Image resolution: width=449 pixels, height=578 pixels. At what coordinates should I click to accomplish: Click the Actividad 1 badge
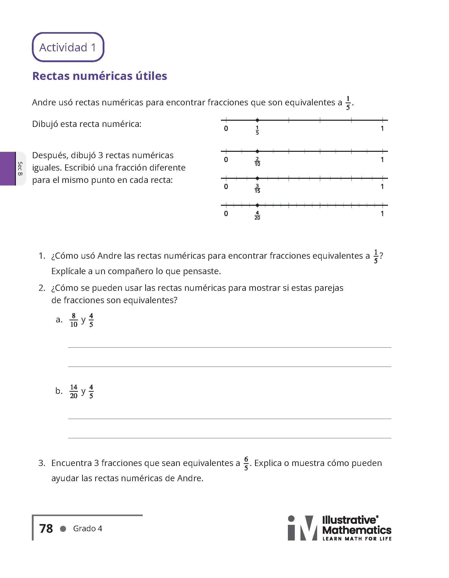click(x=68, y=47)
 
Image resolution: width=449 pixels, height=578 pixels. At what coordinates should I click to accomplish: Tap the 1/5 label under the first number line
click(x=257, y=130)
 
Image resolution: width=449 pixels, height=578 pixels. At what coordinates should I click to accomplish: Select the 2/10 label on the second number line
click(x=257, y=162)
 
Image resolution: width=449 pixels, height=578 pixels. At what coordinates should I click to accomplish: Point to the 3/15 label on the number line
click(x=257, y=189)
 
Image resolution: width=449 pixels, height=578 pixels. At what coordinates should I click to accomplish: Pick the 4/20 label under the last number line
click(x=257, y=216)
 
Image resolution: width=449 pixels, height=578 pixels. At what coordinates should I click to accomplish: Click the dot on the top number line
click(x=257, y=120)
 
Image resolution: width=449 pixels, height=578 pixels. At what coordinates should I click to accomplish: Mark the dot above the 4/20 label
click(x=257, y=205)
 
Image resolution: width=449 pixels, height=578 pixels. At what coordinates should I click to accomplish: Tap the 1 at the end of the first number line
click(x=382, y=129)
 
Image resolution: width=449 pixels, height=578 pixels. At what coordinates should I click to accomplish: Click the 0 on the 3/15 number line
click(x=226, y=187)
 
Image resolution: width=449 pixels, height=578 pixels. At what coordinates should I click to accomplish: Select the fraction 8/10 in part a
click(x=74, y=320)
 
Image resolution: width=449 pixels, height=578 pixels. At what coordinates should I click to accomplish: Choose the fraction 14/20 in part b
click(x=74, y=391)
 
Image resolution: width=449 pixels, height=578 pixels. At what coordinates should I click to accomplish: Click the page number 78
click(x=46, y=528)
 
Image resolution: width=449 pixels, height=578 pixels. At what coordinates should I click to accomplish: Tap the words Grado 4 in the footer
click(x=87, y=528)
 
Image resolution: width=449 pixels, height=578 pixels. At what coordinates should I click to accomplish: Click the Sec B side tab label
click(x=20, y=169)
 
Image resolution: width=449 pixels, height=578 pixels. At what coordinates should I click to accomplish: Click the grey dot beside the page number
click(x=63, y=529)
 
